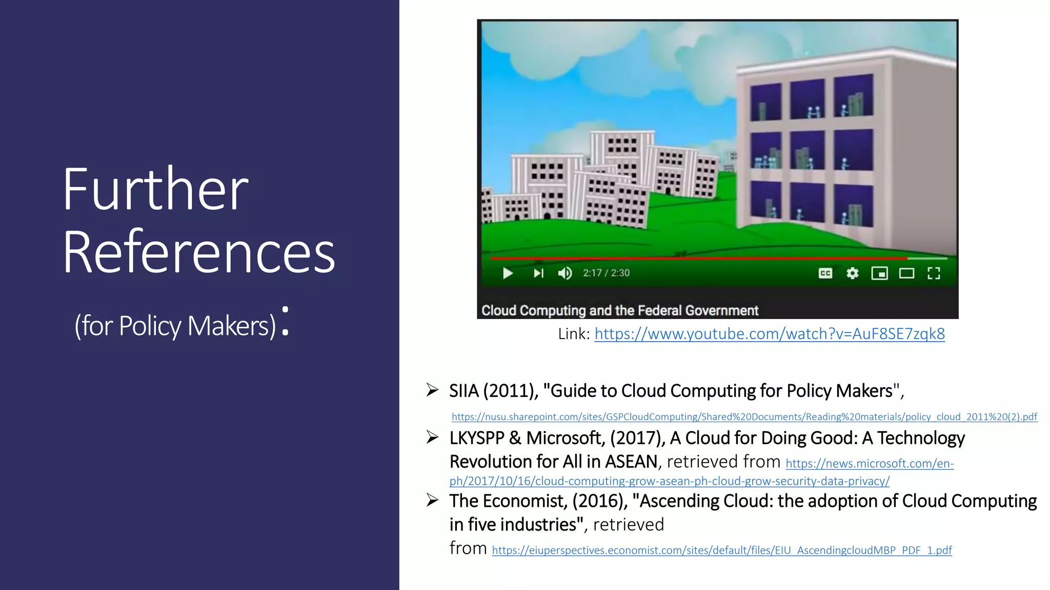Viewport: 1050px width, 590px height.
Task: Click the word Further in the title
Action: (x=155, y=189)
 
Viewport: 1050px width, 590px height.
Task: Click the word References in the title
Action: (x=199, y=252)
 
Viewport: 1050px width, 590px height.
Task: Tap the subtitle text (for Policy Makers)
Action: (x=175, y=326)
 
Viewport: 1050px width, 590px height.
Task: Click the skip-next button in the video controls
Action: (x=538, y=273)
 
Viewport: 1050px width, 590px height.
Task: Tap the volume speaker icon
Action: (x=565, y=273)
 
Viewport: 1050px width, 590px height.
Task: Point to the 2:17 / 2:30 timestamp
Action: (x=606, y=273)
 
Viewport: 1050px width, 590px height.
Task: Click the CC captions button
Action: (x=825, y=273)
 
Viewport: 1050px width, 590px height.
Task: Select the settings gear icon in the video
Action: (x=852, y=273)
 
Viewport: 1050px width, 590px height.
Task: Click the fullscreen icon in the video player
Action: (x=934, y=273)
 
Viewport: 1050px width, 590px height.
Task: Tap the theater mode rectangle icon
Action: (x=906, y=273)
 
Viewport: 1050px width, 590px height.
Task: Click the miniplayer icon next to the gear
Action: (x=879, y=273)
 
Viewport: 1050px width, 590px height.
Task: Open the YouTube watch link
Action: (x=769, y=334)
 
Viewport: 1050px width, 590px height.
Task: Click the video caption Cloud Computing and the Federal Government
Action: (x=619, y=310)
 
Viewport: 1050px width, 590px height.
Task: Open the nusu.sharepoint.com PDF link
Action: (x=744, y=417)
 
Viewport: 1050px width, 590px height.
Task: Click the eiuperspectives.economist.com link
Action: (x=721, y=551)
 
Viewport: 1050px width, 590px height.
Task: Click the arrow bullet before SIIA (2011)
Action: (x=432, y=390)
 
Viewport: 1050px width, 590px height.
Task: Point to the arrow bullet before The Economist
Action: (x=432, y=500)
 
